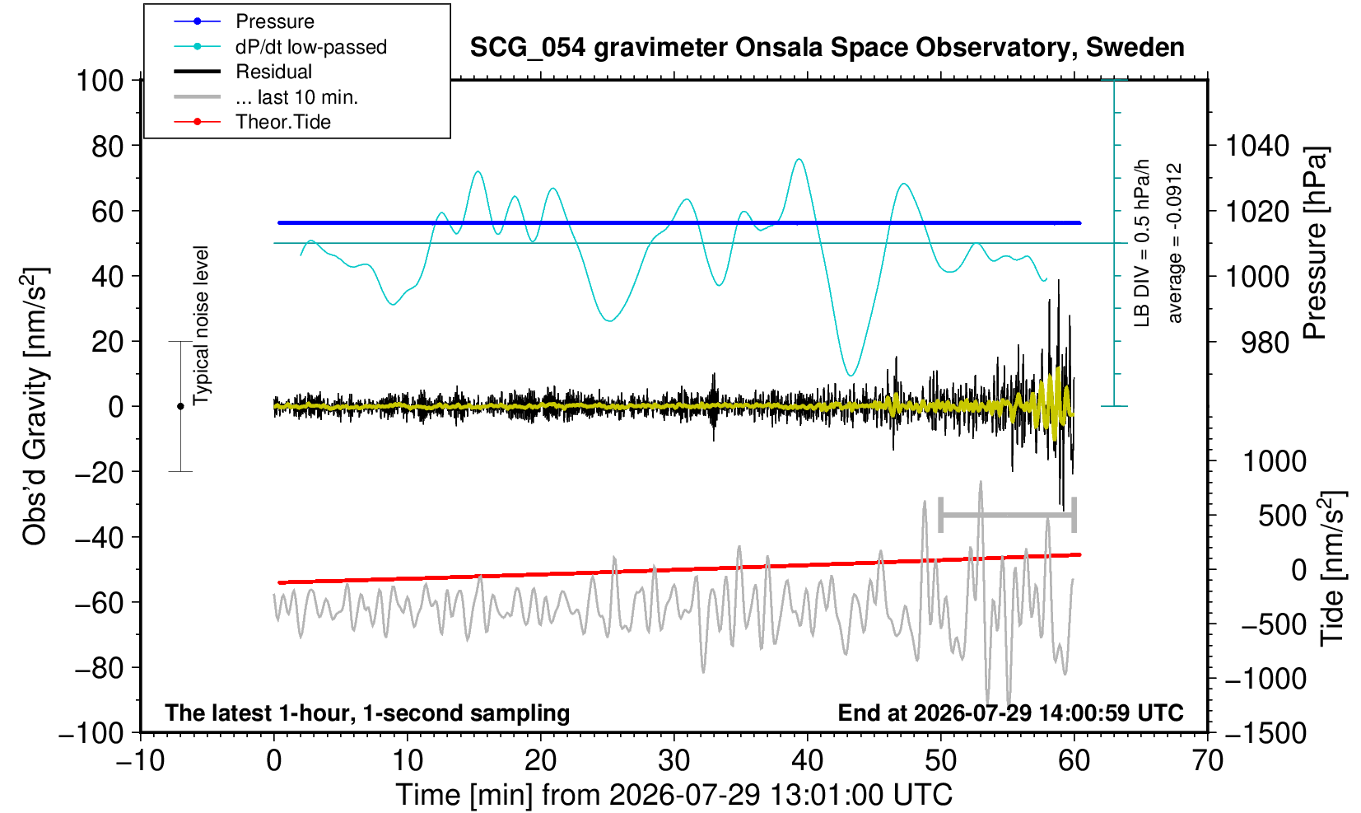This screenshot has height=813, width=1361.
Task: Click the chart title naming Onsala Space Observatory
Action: pyautogui.click(x=827, y=48)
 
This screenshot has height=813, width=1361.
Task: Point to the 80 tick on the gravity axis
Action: pyautogui.click(x=108, y=146)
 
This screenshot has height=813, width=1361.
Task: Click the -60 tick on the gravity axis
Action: pyautogui.click(x=99, y=603)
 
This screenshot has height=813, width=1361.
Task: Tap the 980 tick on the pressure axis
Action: pyautogui.click(x=1265, y=343)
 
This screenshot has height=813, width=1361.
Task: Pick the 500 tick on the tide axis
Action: pyautogui.click(x=1282, y=516)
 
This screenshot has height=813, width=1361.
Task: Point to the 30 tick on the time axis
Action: pyautogui.click(x=674, y=761)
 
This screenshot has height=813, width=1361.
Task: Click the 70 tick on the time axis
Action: pyautogui.click(x=1207, y=761)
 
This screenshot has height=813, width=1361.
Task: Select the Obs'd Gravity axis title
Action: pyautogui.click(x=35, y=406)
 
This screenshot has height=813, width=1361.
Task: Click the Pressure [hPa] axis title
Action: pyautogui.click(x=1315, y=243)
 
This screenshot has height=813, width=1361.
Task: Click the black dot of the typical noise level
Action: pyautogui.click(x=180, y=406)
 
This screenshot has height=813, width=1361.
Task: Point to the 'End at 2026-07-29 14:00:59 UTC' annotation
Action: pyautogui.click(x=1010, y=713)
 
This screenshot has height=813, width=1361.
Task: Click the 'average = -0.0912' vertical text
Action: pyautogui.click(x=1174, y=243)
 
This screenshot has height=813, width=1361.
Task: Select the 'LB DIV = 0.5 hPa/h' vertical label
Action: pyautogui.click(x=1142, y=243)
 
